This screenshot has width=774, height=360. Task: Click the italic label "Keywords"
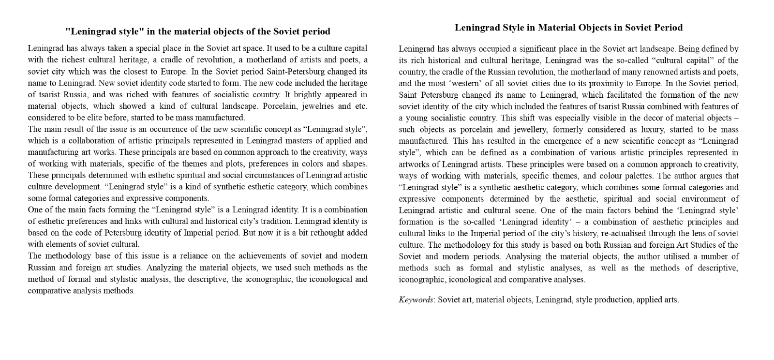coord(416,300)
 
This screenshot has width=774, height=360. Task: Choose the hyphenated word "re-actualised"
coord(632,233)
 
